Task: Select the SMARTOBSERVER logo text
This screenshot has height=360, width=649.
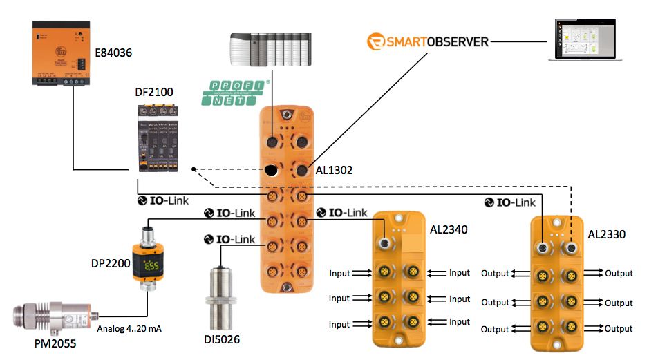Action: pos(428,41)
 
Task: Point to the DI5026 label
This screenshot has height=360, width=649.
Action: pos(225,339)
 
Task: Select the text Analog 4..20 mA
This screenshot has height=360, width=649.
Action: pos(132,328)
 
